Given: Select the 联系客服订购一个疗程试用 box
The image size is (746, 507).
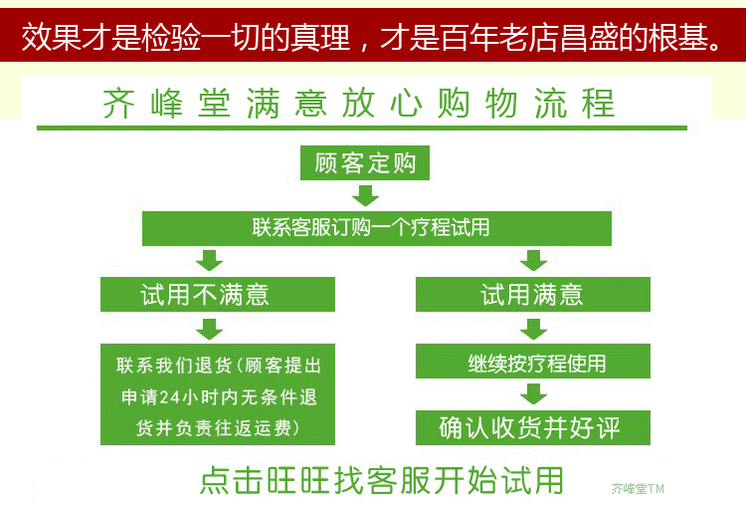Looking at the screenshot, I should [371, 228].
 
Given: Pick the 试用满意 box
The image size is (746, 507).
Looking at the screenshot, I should [532, 295].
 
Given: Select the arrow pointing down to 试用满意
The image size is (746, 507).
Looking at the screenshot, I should [534, 261].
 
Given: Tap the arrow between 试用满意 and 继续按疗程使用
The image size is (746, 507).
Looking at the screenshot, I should [534, 328].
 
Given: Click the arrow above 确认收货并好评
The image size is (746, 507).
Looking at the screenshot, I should [534, 394].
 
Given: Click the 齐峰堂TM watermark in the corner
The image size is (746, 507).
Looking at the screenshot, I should [637, 489].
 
